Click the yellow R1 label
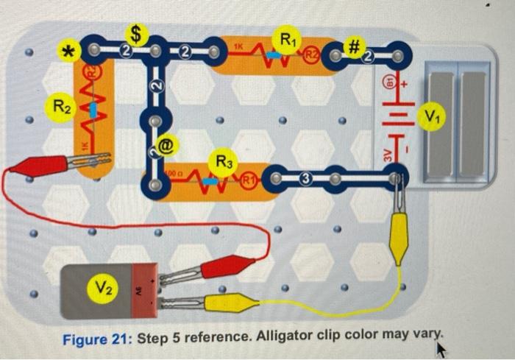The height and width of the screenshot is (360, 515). [x=286, y=36]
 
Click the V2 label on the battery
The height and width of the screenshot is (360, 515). [x=102, y=285]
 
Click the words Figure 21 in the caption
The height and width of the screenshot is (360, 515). [x=96, y=339]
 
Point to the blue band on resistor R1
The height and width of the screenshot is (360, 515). [x=273, y=54]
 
